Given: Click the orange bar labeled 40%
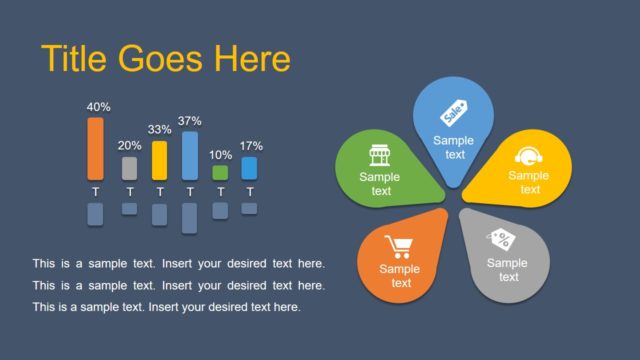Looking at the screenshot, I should [96, 148].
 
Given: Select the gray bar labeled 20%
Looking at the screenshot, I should [129, 168].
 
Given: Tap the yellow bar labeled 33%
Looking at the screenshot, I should [159, 160].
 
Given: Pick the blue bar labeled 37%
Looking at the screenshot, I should [190, 155].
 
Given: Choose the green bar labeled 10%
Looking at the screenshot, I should [220, 172].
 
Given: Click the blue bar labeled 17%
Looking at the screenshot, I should [249, 168].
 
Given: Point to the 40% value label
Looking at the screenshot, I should [98, 107].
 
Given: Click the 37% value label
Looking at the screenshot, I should [190, 121].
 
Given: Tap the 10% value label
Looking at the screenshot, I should [220, 155].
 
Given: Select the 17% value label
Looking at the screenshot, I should [250, 146].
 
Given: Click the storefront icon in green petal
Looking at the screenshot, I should [379, 156].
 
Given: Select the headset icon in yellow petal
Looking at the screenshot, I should [528, 156].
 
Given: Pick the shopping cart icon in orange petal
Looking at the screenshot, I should [399, 247].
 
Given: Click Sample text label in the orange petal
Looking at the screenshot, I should [400, 275].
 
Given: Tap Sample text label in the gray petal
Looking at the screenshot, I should [508, 270].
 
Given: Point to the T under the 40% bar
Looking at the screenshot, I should [96, 191].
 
